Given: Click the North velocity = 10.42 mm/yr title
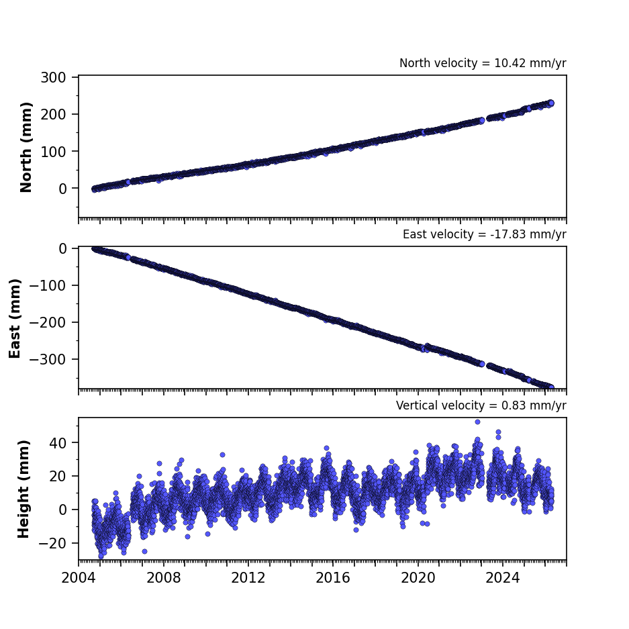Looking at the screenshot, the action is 483,63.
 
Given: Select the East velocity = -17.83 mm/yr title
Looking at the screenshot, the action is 485,234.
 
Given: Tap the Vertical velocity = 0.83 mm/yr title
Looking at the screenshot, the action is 481,405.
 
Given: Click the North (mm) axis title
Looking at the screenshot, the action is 26,148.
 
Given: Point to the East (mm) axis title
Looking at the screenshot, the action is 15,318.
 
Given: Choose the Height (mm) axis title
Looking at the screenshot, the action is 23,489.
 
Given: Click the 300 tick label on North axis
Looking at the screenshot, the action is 53,77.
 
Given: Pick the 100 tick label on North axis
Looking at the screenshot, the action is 53,152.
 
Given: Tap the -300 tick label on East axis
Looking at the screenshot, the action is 48,359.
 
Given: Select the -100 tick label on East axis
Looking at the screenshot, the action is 48,285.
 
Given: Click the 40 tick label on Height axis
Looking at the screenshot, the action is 58,443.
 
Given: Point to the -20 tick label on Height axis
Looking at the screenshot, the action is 52,544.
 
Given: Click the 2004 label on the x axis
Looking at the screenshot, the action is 79,578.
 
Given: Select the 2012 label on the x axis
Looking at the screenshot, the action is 248,578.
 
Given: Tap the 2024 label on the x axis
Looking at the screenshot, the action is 503,578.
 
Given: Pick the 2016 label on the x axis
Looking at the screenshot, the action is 333,578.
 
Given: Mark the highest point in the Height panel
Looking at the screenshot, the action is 477,422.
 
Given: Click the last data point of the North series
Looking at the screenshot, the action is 551,103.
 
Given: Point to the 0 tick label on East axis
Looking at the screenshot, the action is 62,248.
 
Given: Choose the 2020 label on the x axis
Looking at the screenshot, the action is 418,578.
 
